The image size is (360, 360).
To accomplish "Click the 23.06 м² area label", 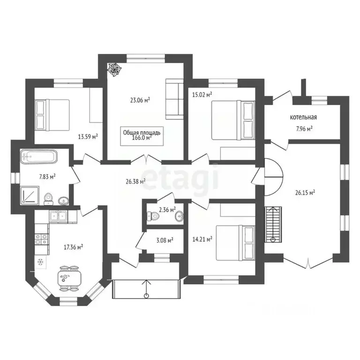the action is pos(140,100).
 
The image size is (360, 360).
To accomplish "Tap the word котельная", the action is pos(303,117).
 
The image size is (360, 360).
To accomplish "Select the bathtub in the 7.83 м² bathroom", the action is pos(38,157).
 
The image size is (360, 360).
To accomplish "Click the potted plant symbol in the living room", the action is pos(114,69).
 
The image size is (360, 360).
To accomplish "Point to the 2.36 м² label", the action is pos(167,210).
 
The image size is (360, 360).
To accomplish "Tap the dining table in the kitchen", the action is pos(69,278).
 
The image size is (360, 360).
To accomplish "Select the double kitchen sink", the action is pos(58,216).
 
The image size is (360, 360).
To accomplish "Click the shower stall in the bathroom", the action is pos(30,195).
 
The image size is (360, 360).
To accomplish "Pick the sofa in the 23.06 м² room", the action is pos(174,99).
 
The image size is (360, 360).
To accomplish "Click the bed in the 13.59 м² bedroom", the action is pos(52,115).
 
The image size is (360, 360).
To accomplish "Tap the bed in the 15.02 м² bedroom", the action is pos(233,120).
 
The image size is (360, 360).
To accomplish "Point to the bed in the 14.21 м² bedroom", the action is pos(235,243).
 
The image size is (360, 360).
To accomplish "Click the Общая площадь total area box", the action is pos(142,136).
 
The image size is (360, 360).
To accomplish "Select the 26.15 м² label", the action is pos(305,192).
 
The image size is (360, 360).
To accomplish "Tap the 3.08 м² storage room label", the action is pos(165,240).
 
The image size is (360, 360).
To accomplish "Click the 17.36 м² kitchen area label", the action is pos(73,247).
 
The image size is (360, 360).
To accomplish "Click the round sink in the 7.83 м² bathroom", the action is pos(63,201).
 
